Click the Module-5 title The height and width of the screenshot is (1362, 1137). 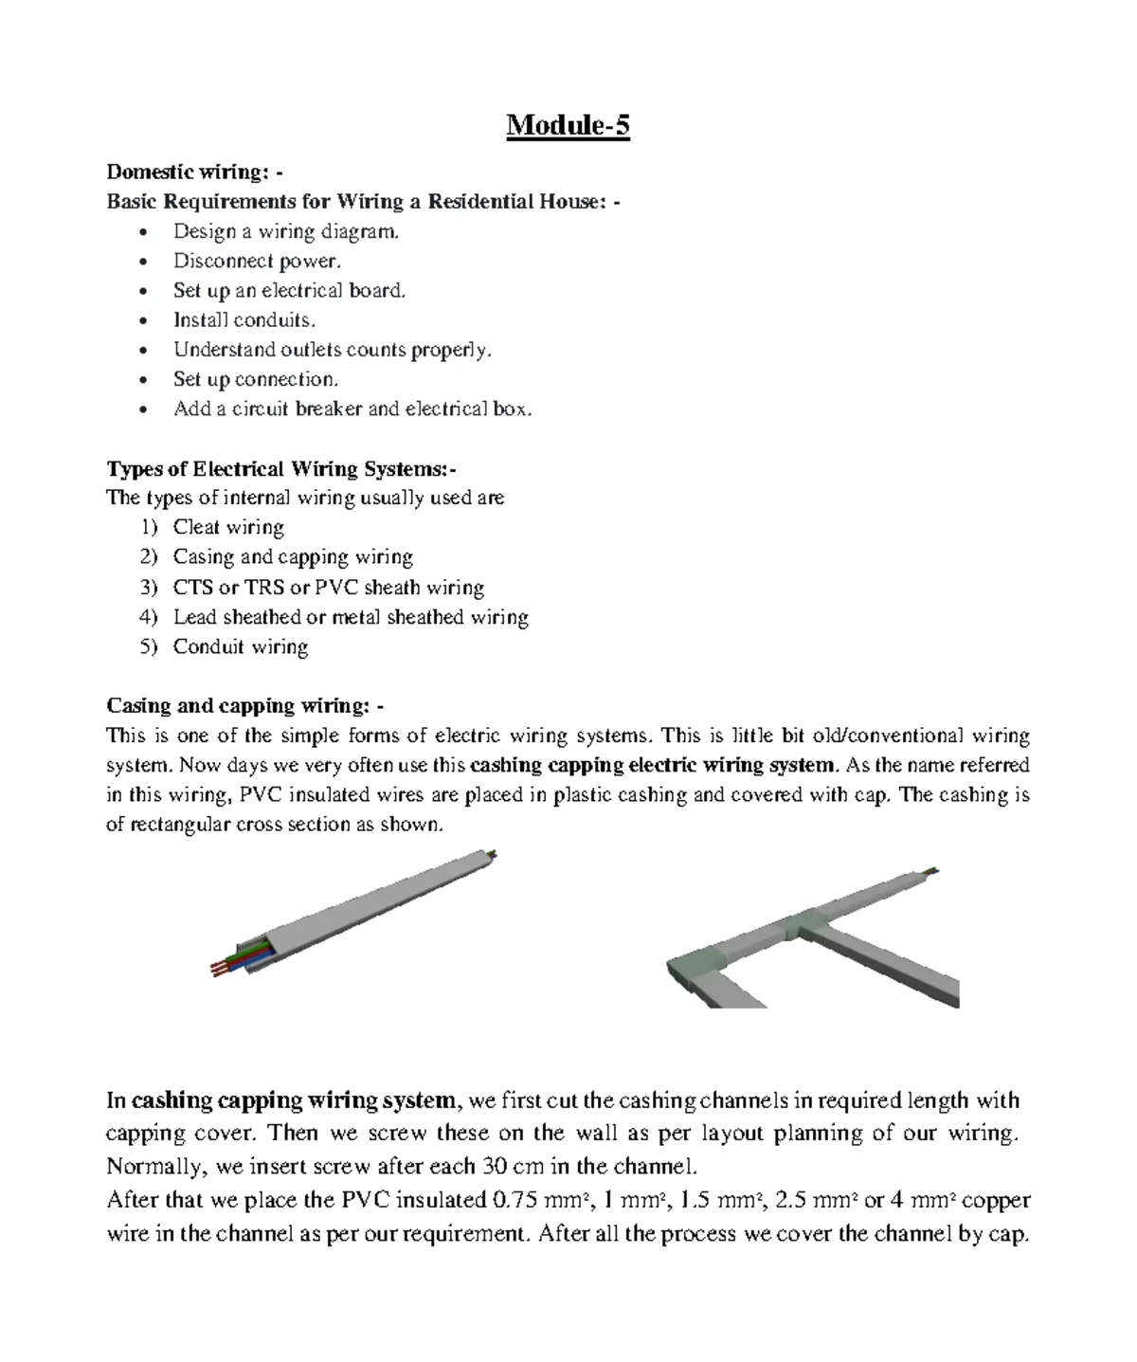coord(568,125)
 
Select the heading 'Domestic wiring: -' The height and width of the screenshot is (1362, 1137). coord(193,172)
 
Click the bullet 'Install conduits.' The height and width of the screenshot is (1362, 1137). coord(244,319)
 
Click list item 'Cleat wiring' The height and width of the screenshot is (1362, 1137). coord(227,527)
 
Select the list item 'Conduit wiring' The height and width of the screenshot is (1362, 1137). coord(240,646)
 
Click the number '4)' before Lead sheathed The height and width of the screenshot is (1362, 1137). coord(147,617)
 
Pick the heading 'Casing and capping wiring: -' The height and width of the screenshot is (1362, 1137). coord(245,705)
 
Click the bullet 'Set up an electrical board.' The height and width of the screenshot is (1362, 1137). coord(288,290)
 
